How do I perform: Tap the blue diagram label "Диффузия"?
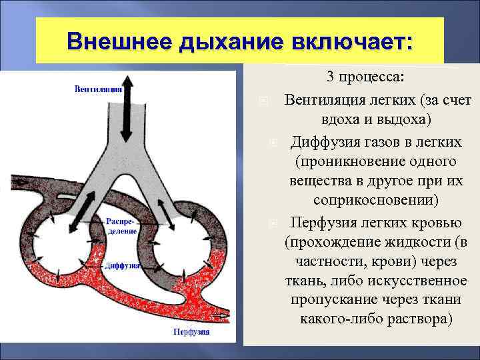coord(121,265)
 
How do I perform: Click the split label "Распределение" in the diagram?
coord(121,227)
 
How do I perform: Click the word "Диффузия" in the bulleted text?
coord(322,143)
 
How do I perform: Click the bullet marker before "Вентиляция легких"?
coord(263,101)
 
